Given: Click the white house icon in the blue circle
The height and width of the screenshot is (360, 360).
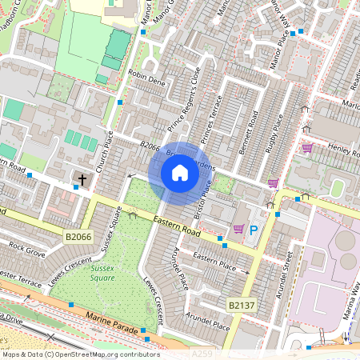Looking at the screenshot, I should click(180, 173).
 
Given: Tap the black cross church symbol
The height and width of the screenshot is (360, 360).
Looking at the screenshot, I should click(82, 178).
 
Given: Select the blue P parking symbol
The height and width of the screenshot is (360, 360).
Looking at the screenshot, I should click(254, 230).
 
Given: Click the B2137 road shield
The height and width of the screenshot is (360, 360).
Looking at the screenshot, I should click(242, 306).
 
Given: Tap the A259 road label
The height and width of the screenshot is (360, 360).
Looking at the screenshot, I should click(203, 352).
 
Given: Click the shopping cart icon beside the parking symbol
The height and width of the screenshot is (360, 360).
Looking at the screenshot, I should click(238, 230).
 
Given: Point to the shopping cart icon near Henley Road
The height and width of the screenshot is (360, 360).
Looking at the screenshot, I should click(307, 148).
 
